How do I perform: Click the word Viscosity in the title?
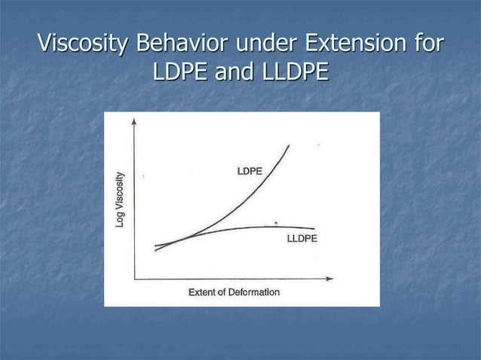[82, 44]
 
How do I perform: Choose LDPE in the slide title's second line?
[181, 73]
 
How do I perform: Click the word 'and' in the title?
[233, 73]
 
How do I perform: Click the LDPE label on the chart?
[250, 172]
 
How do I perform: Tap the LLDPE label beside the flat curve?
[302, 239]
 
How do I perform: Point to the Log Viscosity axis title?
[120, 200]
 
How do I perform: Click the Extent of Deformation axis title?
[234, 292]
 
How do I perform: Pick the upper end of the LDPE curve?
[289, 145]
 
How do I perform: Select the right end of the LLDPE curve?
[314, 227]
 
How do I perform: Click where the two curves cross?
[179, 239]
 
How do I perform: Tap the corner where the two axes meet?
[134, 279]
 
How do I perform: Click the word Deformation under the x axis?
[253, 292]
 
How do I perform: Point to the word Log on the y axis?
[120, 220]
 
